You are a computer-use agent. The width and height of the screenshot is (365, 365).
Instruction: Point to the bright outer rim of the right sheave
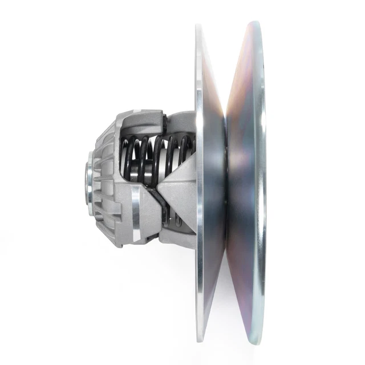261,182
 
